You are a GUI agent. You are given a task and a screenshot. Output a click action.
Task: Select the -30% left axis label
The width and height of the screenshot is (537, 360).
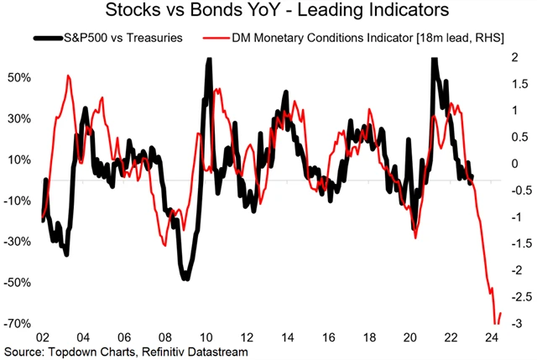18,242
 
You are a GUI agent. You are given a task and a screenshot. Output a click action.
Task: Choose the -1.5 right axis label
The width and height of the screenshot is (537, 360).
514,243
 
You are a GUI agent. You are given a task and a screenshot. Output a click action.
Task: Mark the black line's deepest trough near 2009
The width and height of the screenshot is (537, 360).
185,277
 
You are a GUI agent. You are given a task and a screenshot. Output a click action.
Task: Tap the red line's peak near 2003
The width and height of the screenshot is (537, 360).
68,76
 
